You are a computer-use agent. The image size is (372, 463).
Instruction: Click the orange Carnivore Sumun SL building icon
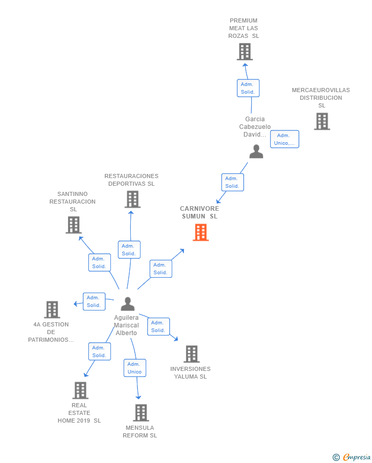[x=201, y=232]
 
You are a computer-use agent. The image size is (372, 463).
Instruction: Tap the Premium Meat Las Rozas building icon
[x=245, y=52]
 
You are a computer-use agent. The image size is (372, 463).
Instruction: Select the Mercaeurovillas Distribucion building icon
[x=322, y=121]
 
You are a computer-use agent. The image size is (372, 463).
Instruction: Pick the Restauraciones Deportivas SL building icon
[x=132, y=199]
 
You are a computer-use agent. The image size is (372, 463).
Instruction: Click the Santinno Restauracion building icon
[x=74, y=225]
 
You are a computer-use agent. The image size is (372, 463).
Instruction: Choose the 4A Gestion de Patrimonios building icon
[x=52, y=310]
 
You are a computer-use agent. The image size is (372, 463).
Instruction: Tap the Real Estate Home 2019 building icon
[x=80, y=390]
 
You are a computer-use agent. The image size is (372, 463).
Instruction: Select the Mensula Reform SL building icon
[x=141, y=412]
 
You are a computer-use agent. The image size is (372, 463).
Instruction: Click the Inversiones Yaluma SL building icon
[x=191, y=354]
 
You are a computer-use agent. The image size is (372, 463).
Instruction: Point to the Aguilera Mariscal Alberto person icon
[x=127, y=304]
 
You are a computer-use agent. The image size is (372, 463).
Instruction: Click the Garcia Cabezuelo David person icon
[x=256, y=151]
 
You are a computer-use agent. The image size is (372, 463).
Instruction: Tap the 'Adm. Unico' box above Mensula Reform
[x=135, y=368]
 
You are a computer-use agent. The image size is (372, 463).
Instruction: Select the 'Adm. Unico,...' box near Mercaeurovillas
[x=285, y=139]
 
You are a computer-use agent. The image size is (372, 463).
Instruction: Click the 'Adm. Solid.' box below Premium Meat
[x=248, y=88]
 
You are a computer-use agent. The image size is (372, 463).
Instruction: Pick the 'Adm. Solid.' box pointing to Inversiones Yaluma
[x=158, y=326]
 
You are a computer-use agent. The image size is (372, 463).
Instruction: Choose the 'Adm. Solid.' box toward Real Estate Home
[x=99, y=351]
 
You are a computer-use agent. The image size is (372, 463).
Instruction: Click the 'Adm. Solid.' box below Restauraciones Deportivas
[x=129, y=250]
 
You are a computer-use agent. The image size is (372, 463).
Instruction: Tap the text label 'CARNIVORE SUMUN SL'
[x=199, y=212]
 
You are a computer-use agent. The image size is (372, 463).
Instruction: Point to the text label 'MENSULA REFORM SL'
[x=140, y=431]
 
